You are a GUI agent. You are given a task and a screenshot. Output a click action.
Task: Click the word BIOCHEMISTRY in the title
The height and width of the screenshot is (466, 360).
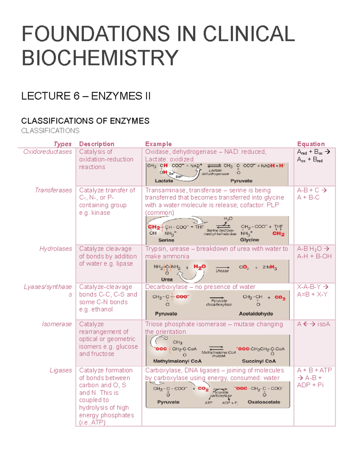(x=100, y=58)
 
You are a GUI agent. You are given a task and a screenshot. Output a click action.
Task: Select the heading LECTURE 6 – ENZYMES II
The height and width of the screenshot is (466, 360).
(x=86, y=96)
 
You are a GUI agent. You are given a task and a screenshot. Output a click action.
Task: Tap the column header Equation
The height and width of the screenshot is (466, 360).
(x=311, y=144)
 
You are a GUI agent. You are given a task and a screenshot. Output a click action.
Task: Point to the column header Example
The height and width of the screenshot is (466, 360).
(x=158, y=144)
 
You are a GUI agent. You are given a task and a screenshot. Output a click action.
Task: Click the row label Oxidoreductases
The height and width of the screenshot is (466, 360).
(x=48, y=152)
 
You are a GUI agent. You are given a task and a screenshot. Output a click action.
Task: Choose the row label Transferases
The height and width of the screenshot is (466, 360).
(x=53, y=190)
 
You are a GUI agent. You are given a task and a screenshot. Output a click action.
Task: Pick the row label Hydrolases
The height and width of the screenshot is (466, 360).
(x=56, y=249)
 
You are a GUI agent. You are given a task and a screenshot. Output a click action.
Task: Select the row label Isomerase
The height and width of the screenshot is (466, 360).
(x=57, y=324)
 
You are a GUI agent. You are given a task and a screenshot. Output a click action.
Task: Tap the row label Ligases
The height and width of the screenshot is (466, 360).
(x=61, y=370)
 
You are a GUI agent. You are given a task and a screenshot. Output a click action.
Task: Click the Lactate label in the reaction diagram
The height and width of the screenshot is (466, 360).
(x=164, y=181)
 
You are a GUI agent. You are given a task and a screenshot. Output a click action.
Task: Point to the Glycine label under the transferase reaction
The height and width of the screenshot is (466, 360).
(x=250, y=240)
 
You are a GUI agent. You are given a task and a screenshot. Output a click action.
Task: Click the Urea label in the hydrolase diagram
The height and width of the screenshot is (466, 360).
(x=167, y=279)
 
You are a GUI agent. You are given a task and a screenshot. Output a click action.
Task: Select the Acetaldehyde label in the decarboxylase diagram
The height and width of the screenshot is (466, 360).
(x=256, y=314)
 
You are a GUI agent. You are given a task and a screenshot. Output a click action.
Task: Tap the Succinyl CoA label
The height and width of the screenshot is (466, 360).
(x=259, y=361)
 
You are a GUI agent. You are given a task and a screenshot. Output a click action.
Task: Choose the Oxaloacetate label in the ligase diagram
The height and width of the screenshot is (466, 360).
(x=264, y=402)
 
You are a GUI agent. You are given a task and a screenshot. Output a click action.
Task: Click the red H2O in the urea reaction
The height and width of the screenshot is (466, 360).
(x=199, y=267)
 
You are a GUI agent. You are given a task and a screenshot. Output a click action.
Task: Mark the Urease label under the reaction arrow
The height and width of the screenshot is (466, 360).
(x=222, y=271)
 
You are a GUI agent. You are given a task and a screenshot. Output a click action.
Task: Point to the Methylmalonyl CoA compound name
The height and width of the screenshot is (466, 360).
(x=177, y=361)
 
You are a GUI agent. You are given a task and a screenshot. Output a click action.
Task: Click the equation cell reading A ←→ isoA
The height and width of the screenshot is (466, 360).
(x=313, y=324)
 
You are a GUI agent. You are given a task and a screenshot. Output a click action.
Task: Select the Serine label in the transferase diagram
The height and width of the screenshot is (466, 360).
(x=166, y=240)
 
